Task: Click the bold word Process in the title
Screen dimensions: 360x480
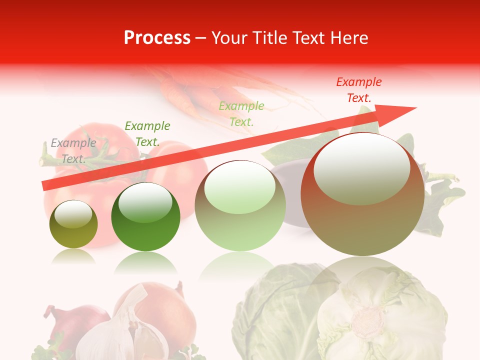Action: (x=157, y=38)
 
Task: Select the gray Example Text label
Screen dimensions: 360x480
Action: (x=73, y=151)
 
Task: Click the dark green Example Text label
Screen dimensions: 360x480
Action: (x=147, y=134)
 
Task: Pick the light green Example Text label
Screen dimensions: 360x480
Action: (x=241, y=113)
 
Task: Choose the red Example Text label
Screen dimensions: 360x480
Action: (x=359, y=90)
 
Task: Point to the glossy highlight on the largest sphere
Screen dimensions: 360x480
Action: (x=361, y=168)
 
